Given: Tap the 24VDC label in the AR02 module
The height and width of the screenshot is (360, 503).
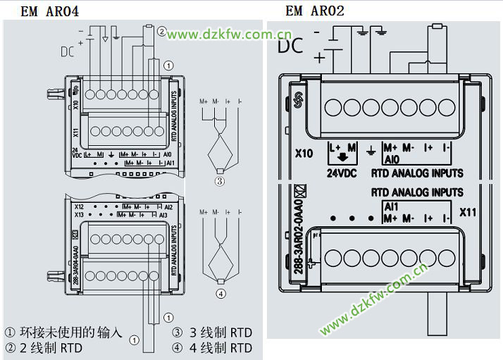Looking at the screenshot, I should [344, 173].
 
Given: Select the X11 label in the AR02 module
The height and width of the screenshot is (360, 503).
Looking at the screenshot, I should [467, 211].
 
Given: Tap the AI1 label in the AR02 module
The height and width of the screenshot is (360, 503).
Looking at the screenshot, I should [392, 206].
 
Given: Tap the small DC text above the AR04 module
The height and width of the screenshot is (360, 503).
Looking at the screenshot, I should [67, 51].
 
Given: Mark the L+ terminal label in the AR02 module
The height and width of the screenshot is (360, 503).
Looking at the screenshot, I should [335, 148].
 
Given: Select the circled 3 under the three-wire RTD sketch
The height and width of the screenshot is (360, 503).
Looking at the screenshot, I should [220, 181].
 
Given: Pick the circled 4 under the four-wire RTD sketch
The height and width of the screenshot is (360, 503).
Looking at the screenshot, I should [221, 294].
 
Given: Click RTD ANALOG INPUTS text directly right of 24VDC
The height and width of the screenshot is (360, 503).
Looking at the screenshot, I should [417, 173].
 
